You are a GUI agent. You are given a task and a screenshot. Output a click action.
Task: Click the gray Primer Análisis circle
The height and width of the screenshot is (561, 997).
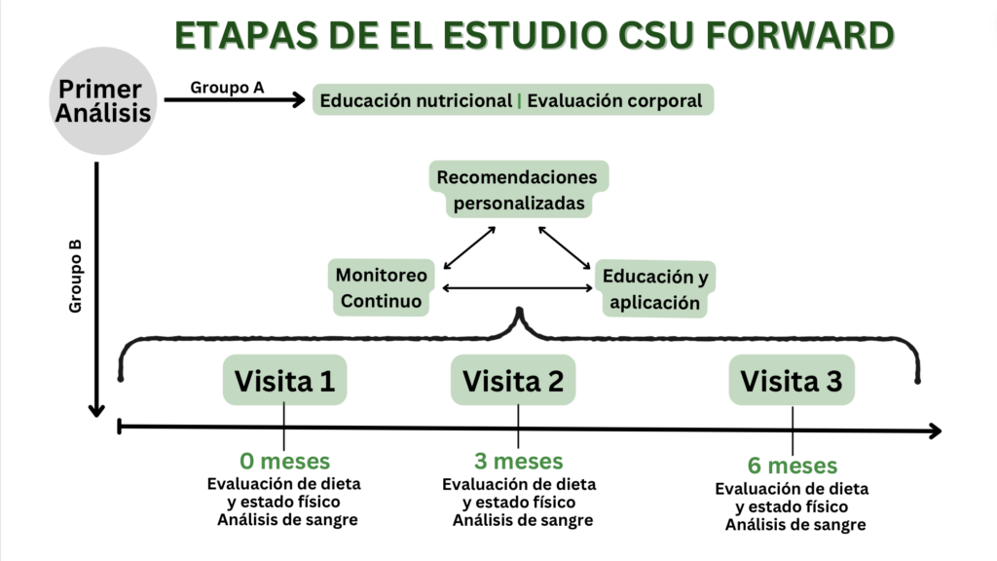pos(103,101)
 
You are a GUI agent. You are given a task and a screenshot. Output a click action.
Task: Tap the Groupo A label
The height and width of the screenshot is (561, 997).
pos(227,87)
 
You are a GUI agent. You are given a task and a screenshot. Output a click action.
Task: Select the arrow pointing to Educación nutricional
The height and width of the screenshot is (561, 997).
pos(234,98)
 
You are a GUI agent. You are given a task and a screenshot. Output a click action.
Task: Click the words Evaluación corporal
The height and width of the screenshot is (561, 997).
pos(614,100)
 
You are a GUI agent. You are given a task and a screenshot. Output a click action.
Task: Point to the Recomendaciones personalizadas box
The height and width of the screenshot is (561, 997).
pos(518,191)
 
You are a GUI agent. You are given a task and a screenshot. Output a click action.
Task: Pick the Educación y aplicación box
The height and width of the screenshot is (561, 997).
pos(654,289)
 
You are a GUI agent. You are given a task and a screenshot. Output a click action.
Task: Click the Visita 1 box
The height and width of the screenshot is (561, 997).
pos(284,381)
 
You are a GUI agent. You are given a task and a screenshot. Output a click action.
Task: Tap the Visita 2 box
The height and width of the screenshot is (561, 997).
pos(513,381)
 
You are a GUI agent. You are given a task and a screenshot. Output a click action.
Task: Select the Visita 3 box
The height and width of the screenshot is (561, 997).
pos(791,381)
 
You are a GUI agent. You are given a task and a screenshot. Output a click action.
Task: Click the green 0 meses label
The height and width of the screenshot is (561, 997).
pos(284,461)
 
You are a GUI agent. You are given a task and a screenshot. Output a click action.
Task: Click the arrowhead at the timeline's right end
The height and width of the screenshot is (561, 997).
pos(935,430)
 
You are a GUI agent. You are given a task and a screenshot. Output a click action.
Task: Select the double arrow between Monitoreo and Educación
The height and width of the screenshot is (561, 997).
pos(518,288)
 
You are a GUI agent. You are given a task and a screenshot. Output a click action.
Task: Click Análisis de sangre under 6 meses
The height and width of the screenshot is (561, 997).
pos(794,525)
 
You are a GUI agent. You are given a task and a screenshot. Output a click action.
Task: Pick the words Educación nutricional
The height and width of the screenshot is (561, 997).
pos(416,100)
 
